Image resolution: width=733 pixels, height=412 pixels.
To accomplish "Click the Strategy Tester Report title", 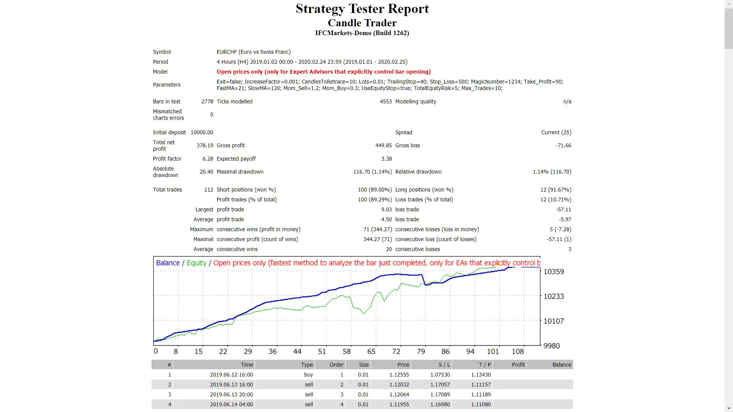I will pyautogui.click(x=362, y=9).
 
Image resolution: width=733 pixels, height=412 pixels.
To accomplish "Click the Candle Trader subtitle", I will pyautogui.click(x=362, y=23).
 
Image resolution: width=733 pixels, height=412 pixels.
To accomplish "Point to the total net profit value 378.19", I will pyautogui.click(x=205, y=145).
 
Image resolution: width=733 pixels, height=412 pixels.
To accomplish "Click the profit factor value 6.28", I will pyautogui.click(x=208, y=159).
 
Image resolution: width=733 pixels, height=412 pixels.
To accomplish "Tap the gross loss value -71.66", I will pyautogui.click(x=563, y=145).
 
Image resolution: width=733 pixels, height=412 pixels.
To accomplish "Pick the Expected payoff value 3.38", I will pyautogui.click(x=386, y=159).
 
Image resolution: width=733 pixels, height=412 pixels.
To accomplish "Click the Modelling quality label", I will pyautogui.click(x=415, y=101).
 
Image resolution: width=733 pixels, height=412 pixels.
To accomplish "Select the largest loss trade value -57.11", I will pyautogui.click(x=563, y=209).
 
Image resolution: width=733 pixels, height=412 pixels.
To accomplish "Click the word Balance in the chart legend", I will pyautogui.click(x=168, y=263).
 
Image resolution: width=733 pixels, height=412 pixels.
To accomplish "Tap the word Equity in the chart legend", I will pyautogui.click(x=196, y=263).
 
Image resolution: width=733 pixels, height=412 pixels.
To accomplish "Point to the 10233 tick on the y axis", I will pyautogui.click(x=553, y=296).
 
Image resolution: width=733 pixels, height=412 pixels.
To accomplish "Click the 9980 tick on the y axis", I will pyautogui.click(x=551, y=346).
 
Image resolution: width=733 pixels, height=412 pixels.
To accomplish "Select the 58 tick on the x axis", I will pyautogui.click(x=347, y=351).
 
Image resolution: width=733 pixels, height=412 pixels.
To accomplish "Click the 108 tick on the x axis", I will pyautogui.click(x=518, y=351).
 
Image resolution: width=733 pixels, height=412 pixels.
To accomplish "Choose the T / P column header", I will pyautogui.click(x=485, y=365).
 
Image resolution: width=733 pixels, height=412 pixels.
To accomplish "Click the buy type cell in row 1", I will pyautogui.click(x=308, y=375).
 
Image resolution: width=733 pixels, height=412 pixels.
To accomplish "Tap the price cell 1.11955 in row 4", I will pyautogui.click(x=399, y=404).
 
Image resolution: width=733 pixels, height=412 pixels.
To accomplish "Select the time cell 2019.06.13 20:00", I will pyautogui.click(x=231, y=394).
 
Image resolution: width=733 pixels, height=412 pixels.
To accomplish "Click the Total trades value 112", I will pyautogui.click(x=208, y=190).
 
